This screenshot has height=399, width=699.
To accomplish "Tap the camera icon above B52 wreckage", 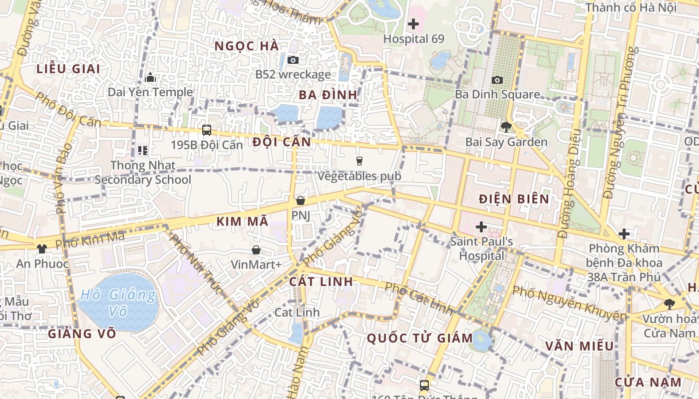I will click(293, 60).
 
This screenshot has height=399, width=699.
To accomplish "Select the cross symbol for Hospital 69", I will click(413, 23).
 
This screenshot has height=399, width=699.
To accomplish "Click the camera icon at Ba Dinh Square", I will click(497, 80).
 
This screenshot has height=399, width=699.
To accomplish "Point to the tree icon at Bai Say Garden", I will click(506, 127).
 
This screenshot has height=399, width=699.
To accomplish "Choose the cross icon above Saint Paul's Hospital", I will click(481, 227).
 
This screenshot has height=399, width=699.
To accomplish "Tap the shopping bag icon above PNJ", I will click(301, 200).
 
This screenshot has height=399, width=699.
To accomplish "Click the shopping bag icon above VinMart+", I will click(256, 249).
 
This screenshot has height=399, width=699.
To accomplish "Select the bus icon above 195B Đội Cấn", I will click(206, 130).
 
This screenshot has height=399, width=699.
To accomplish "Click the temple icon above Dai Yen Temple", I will click(150, 77).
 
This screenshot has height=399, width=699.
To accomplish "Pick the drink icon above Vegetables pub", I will click(359, 161).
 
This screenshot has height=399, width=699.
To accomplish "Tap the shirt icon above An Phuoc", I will click(42, 248).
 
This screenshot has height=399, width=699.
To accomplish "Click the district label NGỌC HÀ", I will click(246, 46).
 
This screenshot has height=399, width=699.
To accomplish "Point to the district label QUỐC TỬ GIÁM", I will click(420, 338).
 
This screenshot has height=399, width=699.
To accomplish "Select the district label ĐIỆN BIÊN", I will click(514, 199).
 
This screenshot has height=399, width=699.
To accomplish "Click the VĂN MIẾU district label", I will click(579, 346).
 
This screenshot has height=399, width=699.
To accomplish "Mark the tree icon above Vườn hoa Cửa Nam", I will click(669, 304).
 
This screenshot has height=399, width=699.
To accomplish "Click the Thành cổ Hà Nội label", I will click(631, 7).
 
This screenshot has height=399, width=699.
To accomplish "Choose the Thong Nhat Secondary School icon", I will click(143, 150).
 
